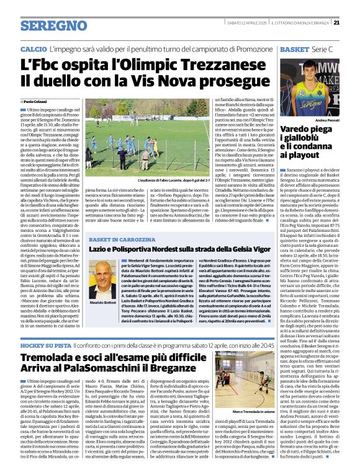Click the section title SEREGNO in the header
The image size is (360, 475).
[53, 25]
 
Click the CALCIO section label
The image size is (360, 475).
[34, 48]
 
